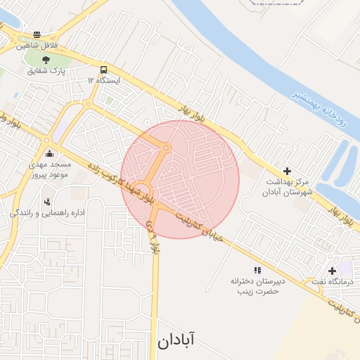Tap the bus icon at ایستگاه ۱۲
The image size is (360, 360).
coord(104,70)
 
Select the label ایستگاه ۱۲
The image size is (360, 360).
coord(104,81)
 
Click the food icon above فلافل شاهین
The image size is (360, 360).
coord(37,34)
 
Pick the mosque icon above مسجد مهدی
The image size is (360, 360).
coord(49,152)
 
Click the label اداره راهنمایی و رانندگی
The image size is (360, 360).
coord(47,212)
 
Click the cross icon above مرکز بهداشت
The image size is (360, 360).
coord(286,171)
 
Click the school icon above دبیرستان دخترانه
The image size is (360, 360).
coord(257,270)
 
